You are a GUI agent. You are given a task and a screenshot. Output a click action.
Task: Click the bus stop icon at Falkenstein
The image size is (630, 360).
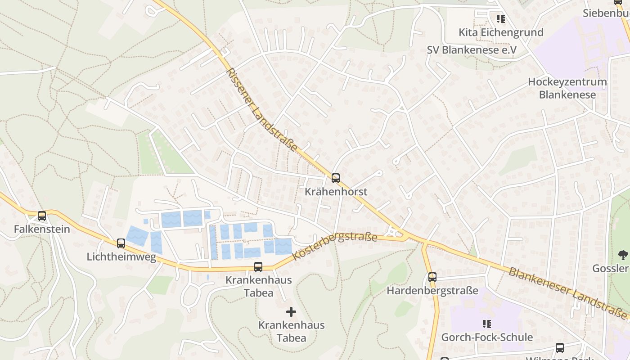coord(42,216)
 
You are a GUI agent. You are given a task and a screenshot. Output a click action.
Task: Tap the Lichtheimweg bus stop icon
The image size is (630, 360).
coord(121,243)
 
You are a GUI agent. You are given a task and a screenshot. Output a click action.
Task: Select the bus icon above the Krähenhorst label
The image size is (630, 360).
coord(336,178)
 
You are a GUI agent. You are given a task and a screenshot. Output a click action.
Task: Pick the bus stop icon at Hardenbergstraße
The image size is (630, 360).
coord(432,277)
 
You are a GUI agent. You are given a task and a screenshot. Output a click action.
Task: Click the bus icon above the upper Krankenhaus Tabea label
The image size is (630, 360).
coord(258,266)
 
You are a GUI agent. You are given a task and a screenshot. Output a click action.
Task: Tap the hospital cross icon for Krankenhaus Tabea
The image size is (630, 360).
coord(291,311)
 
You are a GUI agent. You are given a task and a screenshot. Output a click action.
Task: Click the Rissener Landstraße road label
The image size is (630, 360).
coord(262,110)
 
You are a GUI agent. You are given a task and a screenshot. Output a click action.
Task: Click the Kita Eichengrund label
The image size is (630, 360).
coord(501,32)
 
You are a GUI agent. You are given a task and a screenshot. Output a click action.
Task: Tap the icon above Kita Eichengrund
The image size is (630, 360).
coord(500,19)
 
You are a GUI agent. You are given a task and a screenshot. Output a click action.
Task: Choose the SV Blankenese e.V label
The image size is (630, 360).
coord(472,50)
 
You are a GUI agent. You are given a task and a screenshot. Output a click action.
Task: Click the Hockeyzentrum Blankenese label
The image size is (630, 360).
coord(567,88)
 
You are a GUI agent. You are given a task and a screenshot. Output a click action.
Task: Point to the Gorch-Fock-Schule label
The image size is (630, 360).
coord(487,337)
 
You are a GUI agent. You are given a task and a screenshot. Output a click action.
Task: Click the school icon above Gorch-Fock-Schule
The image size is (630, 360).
coord(486,324)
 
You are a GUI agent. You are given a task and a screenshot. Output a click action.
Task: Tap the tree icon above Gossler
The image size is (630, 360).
coord(623,255)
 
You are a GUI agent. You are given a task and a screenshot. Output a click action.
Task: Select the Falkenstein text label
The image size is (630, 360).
coord(42,229)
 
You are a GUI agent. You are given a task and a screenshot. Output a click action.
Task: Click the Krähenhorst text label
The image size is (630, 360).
coord(336,192)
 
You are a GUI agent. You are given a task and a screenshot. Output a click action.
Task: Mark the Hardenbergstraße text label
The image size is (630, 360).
coord(432,291)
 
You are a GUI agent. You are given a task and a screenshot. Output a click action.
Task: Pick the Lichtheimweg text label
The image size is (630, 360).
coord(121,257)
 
